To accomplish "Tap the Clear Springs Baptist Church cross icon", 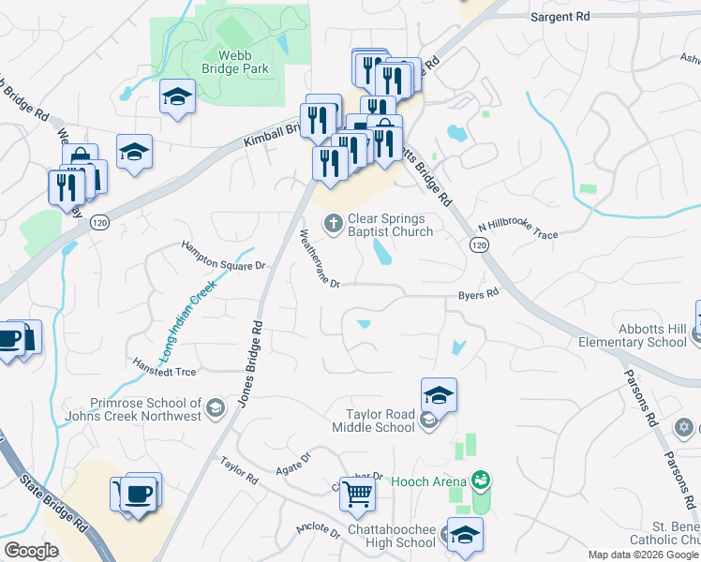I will (332, 223).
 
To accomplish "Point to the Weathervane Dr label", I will (319, 258).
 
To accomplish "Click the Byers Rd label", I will (478, 294).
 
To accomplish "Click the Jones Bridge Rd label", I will (248, 362).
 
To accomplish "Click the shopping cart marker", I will (357, 493).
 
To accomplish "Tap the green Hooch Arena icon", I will (482, 481).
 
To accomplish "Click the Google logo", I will (31, 551).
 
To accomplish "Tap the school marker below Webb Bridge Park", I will (176, 96).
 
